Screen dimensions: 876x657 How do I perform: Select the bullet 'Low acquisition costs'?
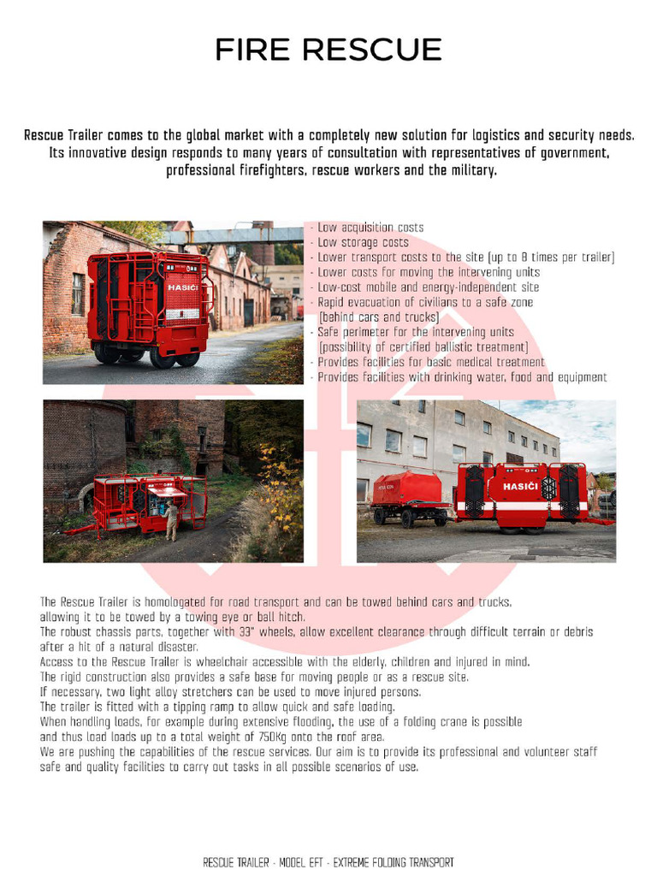pos(370,228)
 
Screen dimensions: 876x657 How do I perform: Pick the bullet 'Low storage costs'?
pos(363,243)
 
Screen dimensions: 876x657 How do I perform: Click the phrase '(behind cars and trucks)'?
pos(379,317)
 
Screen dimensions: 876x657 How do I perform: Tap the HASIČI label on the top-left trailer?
pos(182,287)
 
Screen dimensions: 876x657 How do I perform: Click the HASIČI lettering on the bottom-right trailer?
pos(520,486)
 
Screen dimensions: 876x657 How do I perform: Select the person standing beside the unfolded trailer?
pos(171,520)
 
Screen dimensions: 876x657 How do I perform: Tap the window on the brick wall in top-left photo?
pos(77,293)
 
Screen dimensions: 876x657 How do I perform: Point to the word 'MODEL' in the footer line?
pos(302,862)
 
